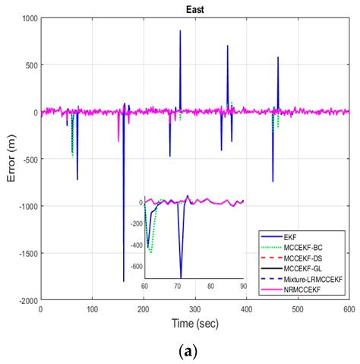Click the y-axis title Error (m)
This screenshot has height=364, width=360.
[10, 158]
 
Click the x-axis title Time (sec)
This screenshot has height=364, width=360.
[194, 323]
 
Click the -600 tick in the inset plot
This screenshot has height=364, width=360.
[134, 266]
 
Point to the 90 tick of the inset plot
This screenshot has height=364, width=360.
[243, 285]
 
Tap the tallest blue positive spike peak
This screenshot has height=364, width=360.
[180, 31]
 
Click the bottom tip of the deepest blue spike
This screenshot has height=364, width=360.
[123, 281]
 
